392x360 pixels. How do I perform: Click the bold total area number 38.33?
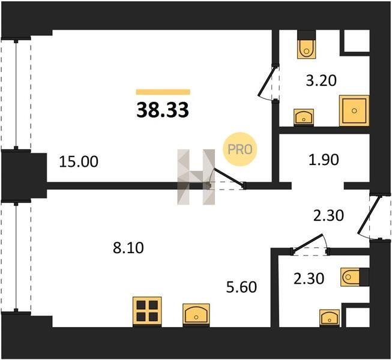click(x=163, y=110)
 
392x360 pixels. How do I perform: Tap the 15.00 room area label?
click(x=79, y=161)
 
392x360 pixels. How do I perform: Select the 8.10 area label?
click(x=128, y=248)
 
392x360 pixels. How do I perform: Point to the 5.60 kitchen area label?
click(x=241, y=287)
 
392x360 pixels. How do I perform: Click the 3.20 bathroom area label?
click(x=321, y=80)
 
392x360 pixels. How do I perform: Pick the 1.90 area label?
click(x=324, y=160)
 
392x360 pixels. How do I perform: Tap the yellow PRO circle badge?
click(x=240, y=149)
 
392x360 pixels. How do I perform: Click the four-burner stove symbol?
click(x=147, y=311)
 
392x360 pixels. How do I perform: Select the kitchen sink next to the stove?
click(x=196, y=314)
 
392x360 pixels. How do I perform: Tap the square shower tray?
click(x=354, y=110)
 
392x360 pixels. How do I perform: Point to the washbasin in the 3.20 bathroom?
click(x=304, y=116)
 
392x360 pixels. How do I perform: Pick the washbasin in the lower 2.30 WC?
click(x=330, y=317)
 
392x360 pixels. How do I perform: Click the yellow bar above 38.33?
click(x=163, y=92)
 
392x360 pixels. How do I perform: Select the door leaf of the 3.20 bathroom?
click(x=267, y=81)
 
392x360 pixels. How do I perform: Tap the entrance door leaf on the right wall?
click(x=370, y=215)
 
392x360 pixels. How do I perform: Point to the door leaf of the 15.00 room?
click(x=229, y=178)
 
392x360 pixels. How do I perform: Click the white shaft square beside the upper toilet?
click(x=357, y=41)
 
